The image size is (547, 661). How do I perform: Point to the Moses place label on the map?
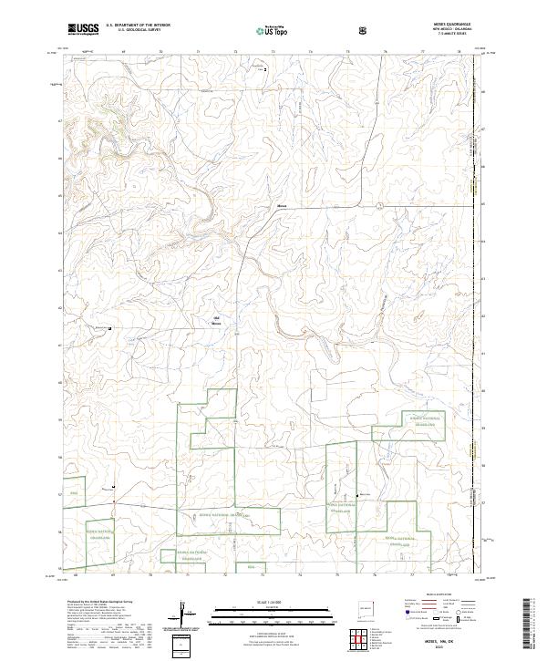pos(283,206)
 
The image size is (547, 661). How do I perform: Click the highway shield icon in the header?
pos(363,29)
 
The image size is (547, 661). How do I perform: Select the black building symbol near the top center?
pos(265,69)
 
